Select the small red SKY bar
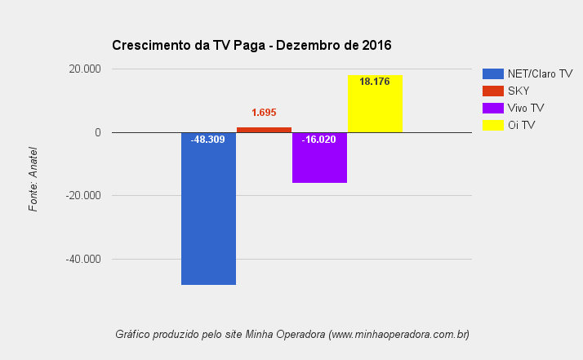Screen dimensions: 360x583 pos(264,130)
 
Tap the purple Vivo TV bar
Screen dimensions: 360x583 pos(319,163)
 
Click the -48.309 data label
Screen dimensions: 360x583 pos(207,140)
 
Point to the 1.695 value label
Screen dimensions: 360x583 pos(264,113)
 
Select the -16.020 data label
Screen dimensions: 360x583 pos(318,140)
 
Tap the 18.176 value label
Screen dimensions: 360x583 pos(375,82)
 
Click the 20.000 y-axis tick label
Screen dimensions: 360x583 pos(85,69)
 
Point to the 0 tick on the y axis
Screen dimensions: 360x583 pos(97,132)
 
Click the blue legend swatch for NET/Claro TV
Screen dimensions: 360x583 pos(493,73)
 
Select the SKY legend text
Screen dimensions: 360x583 pos(518,91)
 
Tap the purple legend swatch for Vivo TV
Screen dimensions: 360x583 pos(493,108)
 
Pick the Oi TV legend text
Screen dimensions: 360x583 pos(521,125)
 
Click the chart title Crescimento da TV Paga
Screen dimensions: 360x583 pos(189,45)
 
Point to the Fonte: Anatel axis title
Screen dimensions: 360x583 pos(33,179)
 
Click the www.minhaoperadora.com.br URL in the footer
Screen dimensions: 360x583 pos(398,334)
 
